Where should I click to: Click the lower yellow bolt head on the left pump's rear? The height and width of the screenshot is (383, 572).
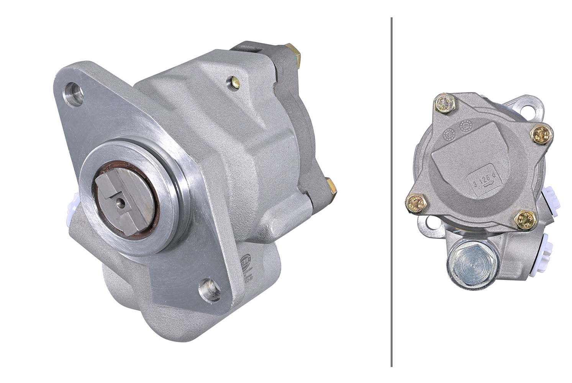coord(331,187)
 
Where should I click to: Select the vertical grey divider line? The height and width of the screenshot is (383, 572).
coord(391,191)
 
